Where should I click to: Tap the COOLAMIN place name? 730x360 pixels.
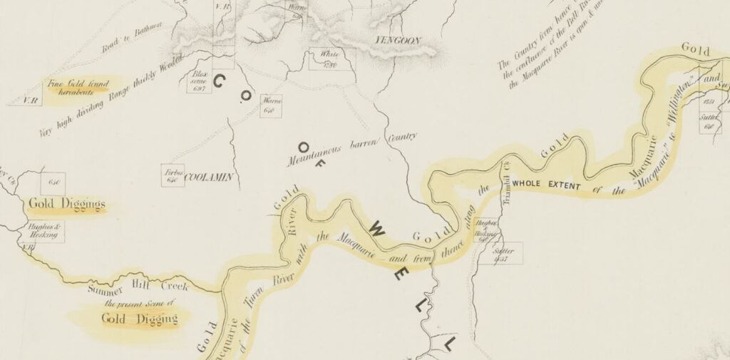click(210, 177)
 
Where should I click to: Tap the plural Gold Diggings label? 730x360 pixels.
click(66, 205)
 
